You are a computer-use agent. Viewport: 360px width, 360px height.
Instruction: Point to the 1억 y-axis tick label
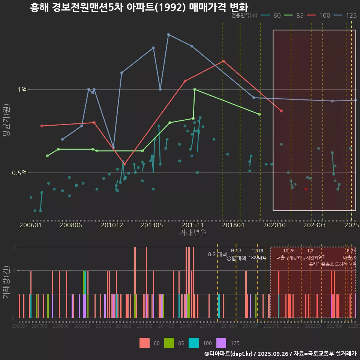coord(22,89)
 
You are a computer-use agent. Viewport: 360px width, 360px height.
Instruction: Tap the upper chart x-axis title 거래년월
coord(193,233)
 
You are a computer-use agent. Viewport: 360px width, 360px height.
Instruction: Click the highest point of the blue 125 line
coord(168,34)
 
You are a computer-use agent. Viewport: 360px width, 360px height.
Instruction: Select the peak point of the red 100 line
coord(223,61)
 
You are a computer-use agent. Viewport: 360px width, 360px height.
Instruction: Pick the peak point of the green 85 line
coord(195,89)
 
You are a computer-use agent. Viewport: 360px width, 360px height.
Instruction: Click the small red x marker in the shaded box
coord(306,189)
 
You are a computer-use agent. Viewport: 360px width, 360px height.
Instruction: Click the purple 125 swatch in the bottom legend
coord(222,343)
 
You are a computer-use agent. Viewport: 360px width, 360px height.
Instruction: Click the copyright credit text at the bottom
coord(280,354)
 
